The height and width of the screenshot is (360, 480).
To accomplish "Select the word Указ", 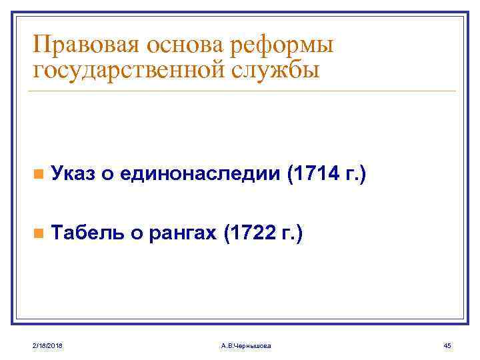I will pos(73,174).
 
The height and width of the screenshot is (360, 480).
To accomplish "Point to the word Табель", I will pos(85,233).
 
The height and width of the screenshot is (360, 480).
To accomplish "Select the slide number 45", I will pos(447,344).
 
